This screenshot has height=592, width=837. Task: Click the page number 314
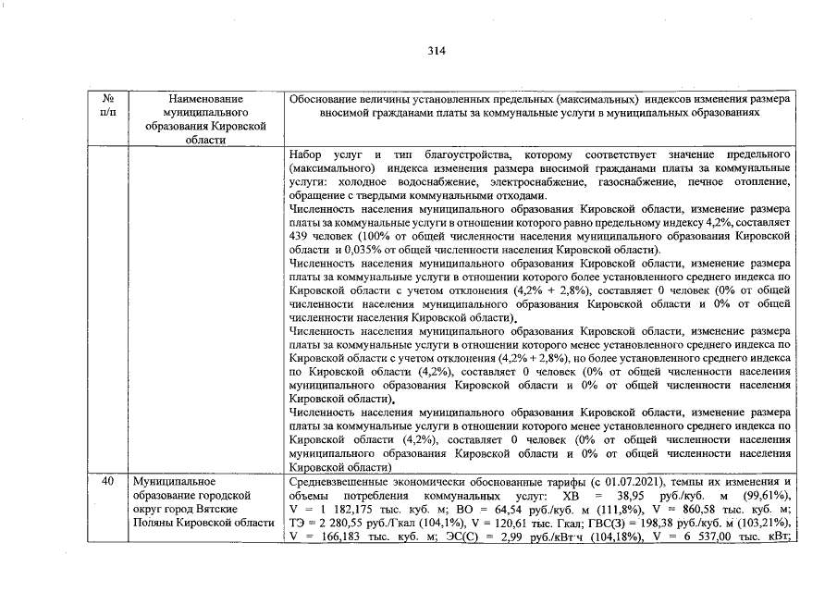click(x=437, y=51)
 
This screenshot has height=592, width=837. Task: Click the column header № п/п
click(x=108, y=105)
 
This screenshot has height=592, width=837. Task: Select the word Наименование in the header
click(x=206, y=98)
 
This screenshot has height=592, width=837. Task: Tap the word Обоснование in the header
click(x=323, y=98)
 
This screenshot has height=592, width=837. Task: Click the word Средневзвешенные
click(x=338, y=482)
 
